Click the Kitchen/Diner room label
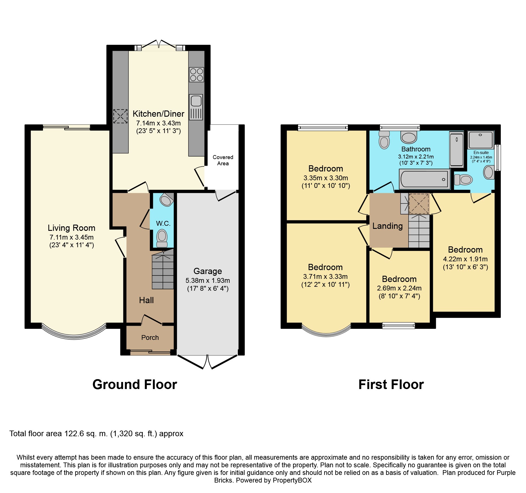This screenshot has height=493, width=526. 158,114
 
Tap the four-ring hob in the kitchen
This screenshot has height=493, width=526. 197,75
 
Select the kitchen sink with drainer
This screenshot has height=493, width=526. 196,107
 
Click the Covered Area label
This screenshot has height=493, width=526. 223,160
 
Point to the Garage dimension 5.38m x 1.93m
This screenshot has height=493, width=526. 208,281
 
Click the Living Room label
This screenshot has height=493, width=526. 71,228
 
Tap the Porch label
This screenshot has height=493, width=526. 150,338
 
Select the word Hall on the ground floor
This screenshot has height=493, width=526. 146,300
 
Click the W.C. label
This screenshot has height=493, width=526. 163,223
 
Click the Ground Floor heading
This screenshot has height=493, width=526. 135,385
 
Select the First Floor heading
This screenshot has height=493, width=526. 391,385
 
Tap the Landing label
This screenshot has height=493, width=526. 387,226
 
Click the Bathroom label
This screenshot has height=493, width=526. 416,149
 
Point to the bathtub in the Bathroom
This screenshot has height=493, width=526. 424,179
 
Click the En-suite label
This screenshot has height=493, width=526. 481,153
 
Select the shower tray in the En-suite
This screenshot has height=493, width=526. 480,140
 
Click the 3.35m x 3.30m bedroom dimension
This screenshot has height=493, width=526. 326,178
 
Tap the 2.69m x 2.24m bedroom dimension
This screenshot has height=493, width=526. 399,288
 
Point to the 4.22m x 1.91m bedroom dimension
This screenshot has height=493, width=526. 465,259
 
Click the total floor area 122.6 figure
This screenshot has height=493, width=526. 74,434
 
